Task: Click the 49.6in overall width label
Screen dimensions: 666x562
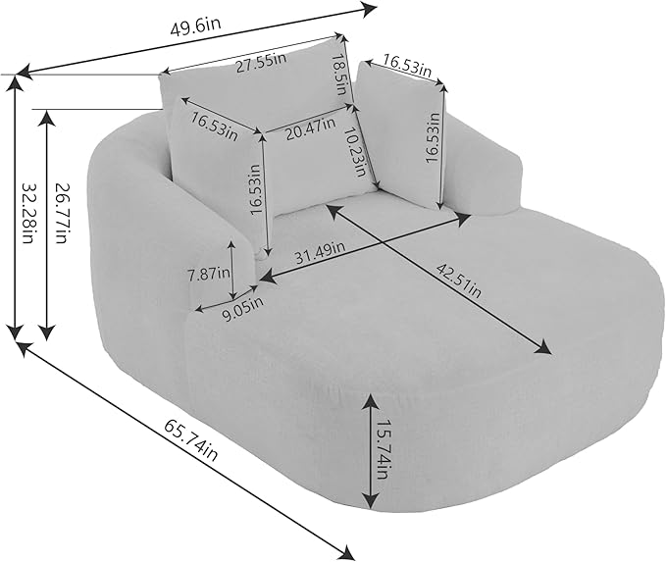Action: [x=196, y=27]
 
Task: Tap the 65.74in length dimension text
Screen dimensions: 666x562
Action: [x=191, y=439]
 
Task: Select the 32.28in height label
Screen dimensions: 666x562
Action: [x=27, y=213]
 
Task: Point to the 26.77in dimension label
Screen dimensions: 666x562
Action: [x=61, y=213]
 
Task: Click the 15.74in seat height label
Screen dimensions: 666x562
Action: [x=381, y=449]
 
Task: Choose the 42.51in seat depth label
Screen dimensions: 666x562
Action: [x=458, y=281]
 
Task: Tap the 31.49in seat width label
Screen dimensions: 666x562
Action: [x=320, y=254]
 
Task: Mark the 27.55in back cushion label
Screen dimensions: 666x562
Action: [x=261, y=63]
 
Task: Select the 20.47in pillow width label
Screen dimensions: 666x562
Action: [x=311, y=129]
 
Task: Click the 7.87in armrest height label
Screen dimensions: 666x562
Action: [x=209, y=274]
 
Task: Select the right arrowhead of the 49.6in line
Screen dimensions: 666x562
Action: [x=368, y=9]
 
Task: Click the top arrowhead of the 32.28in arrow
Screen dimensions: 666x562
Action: [x=16, y=85]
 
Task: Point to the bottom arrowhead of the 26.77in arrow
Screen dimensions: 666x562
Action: [x=47, y=331]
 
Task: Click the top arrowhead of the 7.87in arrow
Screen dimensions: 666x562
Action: [x=231, y=246]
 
